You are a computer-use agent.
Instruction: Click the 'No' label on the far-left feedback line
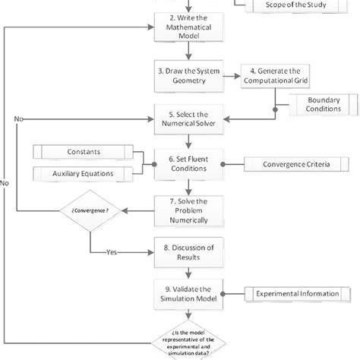click(x=7, y=182)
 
